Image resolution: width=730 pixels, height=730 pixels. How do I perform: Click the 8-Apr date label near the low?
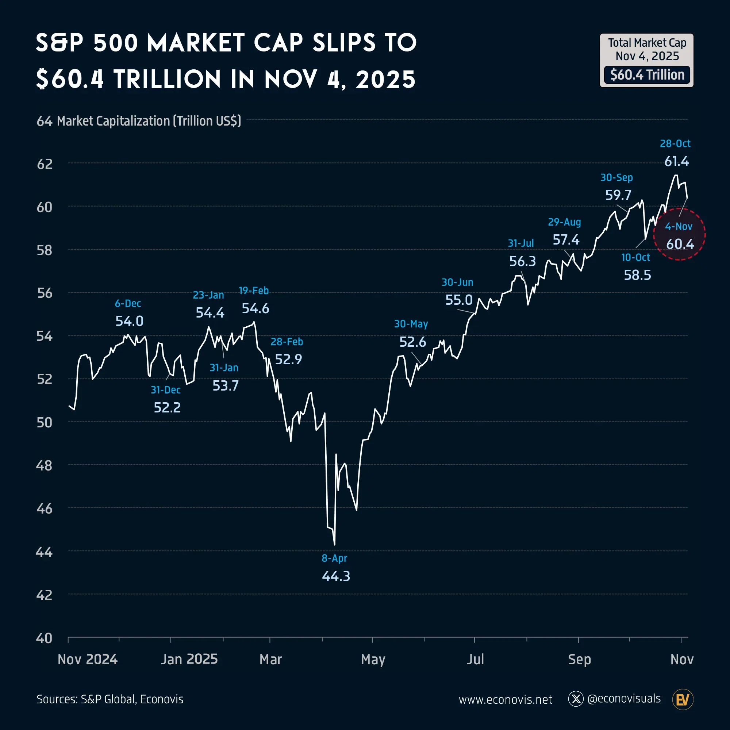tap(334, 558)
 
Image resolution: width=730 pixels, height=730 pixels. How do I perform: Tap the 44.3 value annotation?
tap(336, 576)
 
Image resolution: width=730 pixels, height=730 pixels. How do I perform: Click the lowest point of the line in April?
tap(334, 544)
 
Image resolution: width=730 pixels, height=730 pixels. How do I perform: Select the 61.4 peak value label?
tap(676, 161)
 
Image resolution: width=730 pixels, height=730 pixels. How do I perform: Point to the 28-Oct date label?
tap(675, 143)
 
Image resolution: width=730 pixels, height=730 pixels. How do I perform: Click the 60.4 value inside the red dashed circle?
tap(680, 244)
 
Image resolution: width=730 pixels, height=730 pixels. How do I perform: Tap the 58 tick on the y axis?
tap(45, 250)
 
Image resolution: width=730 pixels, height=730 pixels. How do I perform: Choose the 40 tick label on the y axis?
tap(44, 638)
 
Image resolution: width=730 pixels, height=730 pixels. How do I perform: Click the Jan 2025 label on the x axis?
tap(189, 659)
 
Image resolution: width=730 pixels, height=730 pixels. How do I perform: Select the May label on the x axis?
tap(373, 659)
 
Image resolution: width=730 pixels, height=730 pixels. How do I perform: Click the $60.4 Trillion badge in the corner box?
tap(647, 75)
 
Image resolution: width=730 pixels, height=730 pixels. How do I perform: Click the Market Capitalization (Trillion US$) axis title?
tap(149, 121)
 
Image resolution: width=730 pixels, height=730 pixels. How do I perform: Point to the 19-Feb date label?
tap(254, 291)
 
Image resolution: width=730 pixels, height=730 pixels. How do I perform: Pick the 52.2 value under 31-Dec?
tap(167, 407)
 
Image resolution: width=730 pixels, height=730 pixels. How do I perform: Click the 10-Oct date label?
tap(635, 257)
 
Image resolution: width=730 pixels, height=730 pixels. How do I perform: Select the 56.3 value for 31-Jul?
tap(522, 261)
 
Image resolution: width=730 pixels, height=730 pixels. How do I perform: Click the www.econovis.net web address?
tap(505, 699)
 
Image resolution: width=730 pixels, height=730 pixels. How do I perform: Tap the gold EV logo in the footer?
tap(683, 699)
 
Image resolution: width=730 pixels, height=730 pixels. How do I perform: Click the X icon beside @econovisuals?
tap(576, 699)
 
